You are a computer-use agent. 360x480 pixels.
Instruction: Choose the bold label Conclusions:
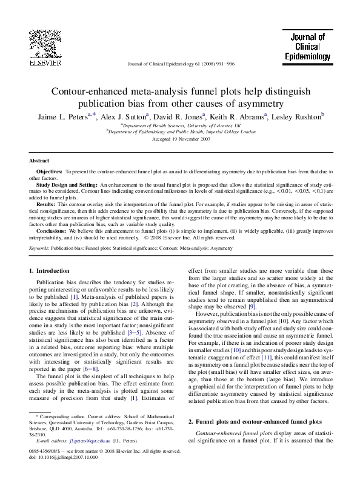[x=52, y=232]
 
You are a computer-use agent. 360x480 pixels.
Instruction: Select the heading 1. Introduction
[x=53, y=270]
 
